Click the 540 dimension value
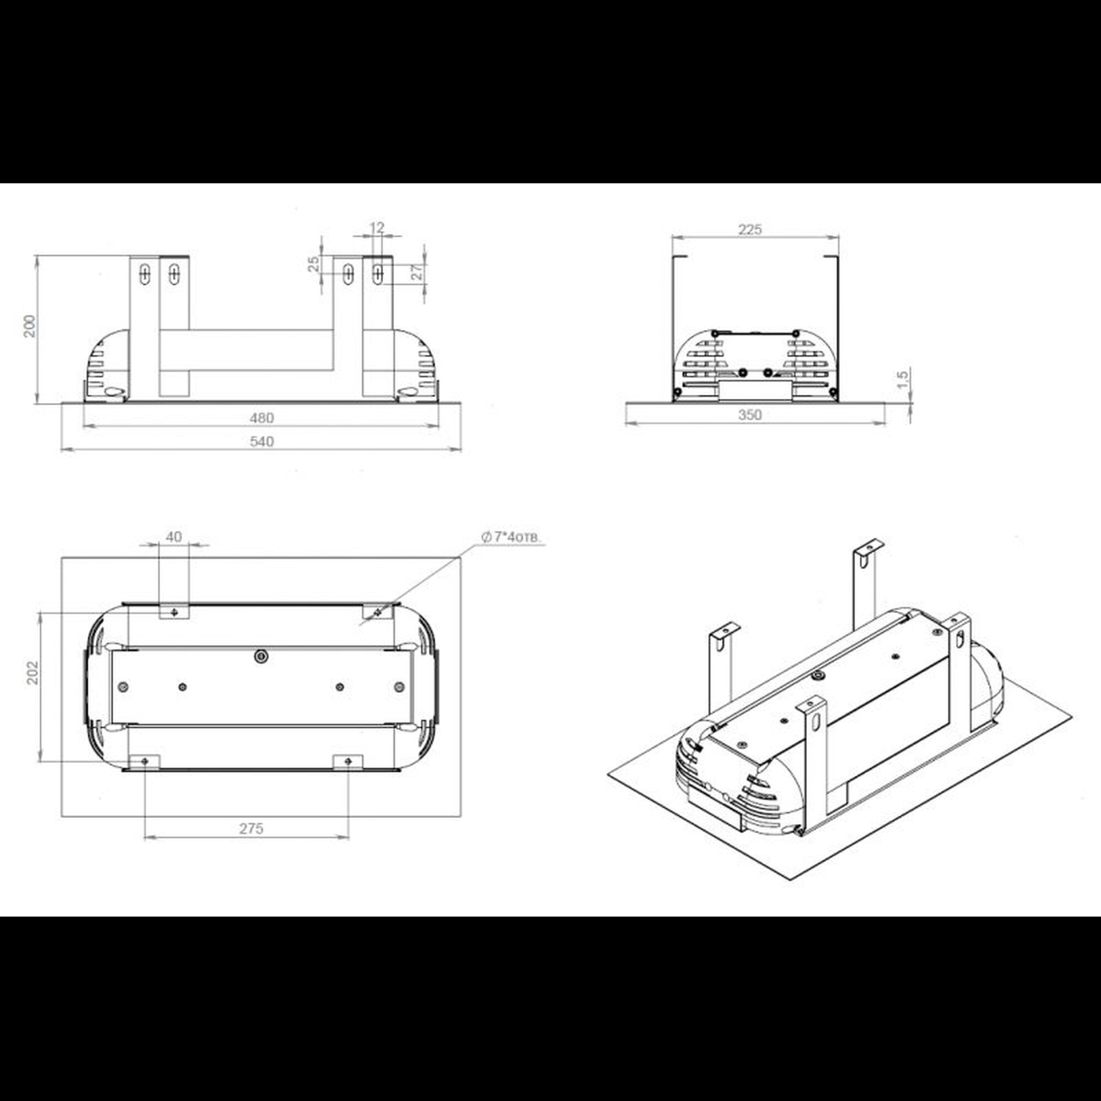(x=261, y=442)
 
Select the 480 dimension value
(x=261, y=418)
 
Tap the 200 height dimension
(x=30, y=326)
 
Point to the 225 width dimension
(x=750, y=230)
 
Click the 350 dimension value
(x=750, y=415)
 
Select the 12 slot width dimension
(x=377, y=228)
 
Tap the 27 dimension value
(x=418, y=272)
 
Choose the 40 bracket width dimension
(x=174, y=537)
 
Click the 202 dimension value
(x=33, y=673)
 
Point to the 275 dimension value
(x=252, y=829)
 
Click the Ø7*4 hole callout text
(x=511, y=537)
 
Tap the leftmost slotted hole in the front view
(x=145, y=274)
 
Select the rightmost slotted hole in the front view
(x=377, y=274)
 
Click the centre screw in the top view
(x=261, y=657)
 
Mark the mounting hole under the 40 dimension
(x=174, y=612)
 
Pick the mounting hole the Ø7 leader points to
(x=377, y=612)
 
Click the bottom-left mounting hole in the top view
(x=145, y=761)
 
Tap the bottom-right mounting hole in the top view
(x=348, y=761)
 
